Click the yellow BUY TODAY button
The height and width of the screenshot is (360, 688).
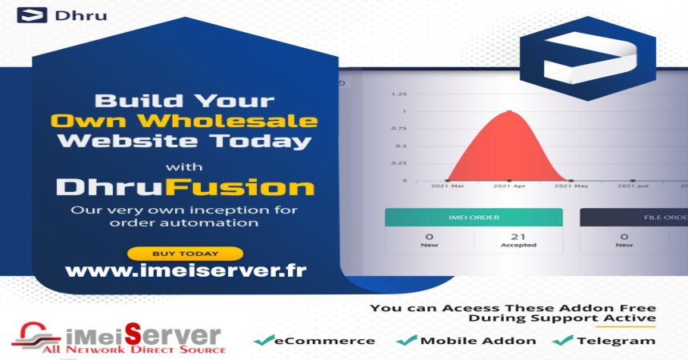[185, 254]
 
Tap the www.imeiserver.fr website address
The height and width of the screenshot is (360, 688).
[186, 270]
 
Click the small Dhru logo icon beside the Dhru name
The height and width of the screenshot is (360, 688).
[32, 15]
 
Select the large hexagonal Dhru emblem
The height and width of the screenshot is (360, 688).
[588, 58]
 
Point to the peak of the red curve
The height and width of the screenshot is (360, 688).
[509, 111]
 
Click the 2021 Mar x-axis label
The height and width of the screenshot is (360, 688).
[447, 186]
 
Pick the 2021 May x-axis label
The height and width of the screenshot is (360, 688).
[571, 186]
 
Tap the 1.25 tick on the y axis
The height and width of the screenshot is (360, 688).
[399, 94]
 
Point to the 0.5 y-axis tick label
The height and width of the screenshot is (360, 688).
[401, 146]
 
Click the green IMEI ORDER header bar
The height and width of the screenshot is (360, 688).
[474, 218]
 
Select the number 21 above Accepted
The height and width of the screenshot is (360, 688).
[518, 237]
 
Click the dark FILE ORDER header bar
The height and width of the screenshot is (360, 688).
[634, 218]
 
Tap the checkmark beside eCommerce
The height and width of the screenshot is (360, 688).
[264, 340]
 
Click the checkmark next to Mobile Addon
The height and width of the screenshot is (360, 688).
[406, 340]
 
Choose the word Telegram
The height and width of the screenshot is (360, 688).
[616, 341]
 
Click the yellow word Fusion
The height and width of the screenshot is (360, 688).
[240, 187]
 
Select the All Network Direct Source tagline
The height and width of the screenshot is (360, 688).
[134, 350]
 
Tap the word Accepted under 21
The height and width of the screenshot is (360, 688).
[518, 245]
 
